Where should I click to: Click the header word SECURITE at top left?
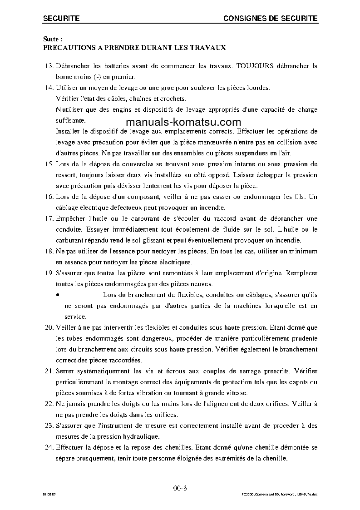[x=61, y=18]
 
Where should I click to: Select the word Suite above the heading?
[x=51, y=40]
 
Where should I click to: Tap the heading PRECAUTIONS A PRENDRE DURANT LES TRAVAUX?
[x=134, y=47]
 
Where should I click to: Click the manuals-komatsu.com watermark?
[x=183, y=122]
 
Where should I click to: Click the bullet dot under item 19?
[x=58, y=295]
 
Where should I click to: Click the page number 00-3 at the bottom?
[x=180, y=488]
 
